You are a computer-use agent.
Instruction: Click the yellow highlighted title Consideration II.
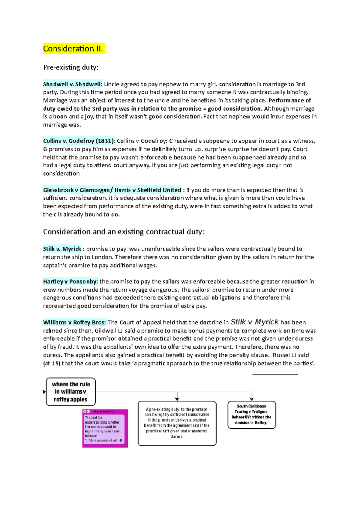[73, 49]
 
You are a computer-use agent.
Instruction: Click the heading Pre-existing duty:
[71, 67]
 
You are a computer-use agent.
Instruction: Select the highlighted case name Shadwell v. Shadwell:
[73, 84]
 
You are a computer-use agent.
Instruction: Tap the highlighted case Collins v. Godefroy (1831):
[79, 141]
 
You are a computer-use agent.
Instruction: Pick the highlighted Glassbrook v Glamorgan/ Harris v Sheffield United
[112, 190]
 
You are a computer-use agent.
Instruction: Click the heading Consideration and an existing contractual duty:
[124, 232]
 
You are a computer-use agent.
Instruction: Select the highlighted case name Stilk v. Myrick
[62, 249]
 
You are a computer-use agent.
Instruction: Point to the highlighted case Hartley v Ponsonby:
[70, 281]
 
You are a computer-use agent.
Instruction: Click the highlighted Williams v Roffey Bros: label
[74, 323]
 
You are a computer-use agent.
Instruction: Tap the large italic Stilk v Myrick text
[254, 322]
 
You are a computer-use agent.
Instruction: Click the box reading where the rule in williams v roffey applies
[71, 391]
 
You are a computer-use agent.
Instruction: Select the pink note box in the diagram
[105, 428]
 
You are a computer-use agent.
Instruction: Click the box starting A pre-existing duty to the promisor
[177, 423]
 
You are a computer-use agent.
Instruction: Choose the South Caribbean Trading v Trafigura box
[251, 415]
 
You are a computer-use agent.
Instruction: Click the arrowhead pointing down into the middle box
[177, 399]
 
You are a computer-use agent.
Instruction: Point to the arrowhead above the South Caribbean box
[252, 399]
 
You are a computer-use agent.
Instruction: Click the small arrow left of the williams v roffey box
[44, 391]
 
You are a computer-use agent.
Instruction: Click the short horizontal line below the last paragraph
[275, 374]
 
